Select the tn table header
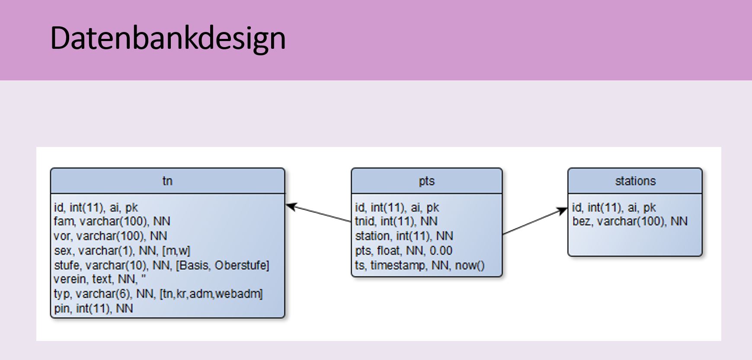click(168, 181)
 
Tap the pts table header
click(427, 181)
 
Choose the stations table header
click(635, 181)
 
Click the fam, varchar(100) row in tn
click(112, 222)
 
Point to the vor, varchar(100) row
click(110, 236)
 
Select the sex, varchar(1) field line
click(122, 251)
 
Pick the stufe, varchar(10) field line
click(161, 265)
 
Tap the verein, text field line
click(100, 279)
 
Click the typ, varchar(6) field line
click(158, 294)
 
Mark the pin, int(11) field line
click(93, 309)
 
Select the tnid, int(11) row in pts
click(396, 222)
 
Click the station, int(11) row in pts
click(404, 236)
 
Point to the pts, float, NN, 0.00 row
click(403, 251)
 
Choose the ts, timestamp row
click(420, 265)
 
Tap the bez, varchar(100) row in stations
click(630, 222)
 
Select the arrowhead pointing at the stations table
click(563, 211)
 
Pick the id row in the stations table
click(614, 208)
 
